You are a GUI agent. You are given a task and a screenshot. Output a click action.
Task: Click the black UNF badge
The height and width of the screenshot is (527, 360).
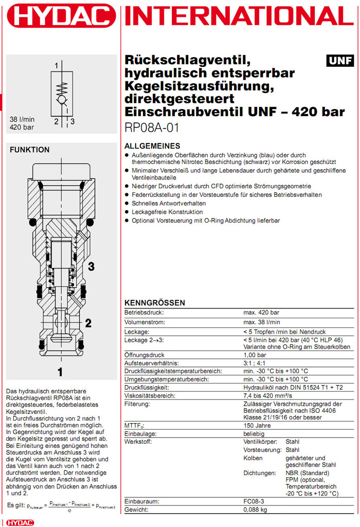(339, 61)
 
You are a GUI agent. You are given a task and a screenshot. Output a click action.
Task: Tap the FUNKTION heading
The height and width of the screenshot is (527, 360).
(30, 150)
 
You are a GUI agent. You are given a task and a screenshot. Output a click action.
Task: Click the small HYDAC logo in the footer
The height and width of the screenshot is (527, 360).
(14, 522)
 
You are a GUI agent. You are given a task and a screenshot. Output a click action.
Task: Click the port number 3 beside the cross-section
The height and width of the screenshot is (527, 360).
(91, 266)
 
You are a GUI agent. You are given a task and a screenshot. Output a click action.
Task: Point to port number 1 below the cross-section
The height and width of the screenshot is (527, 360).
(60, 371)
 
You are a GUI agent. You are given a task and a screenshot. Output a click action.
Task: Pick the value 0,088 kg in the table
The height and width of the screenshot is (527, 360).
(255, 510)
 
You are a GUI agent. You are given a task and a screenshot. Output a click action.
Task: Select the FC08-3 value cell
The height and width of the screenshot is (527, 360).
(254, 501)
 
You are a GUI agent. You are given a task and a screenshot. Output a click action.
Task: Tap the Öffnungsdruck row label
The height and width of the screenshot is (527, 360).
(145, 355)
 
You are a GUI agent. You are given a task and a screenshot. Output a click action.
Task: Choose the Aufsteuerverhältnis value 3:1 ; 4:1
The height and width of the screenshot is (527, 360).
(257, 362)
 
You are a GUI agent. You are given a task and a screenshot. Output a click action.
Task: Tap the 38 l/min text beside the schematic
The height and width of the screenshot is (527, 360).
(22, 119)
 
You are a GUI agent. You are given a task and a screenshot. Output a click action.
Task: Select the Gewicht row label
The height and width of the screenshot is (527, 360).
(136, 510)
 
